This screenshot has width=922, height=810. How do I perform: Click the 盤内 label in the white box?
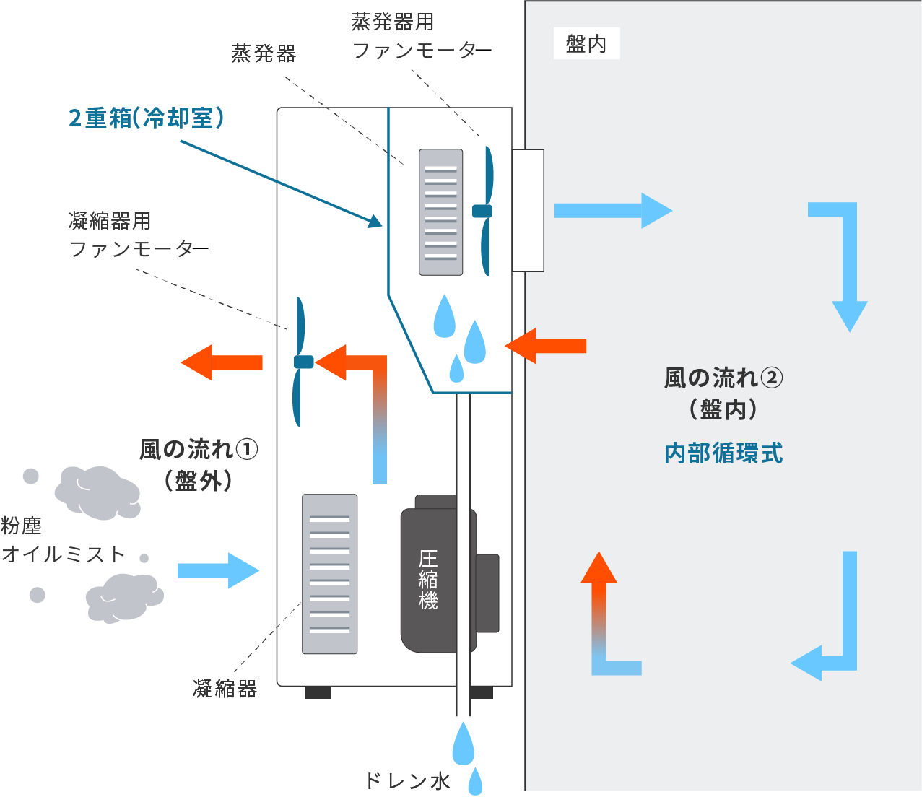point(586,44)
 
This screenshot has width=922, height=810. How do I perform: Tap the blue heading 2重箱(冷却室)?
point(146,118)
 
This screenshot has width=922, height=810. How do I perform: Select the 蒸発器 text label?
point(264,53)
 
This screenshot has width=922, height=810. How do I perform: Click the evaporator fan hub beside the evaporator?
point(482,211)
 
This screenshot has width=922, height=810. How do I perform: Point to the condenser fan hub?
point(303,362)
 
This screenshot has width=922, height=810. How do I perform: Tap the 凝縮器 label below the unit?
point(225,688)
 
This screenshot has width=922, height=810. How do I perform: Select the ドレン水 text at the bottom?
point(407,781)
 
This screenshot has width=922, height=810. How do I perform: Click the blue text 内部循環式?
point(723,453)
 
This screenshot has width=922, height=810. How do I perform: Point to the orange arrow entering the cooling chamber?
point(546,346)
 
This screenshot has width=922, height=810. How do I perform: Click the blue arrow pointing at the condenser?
point(219,570)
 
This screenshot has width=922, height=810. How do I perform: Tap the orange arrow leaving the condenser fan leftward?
point(222,362)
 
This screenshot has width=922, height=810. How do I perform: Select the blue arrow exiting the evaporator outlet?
point(614,211)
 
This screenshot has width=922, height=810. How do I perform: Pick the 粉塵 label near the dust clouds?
point(22,526)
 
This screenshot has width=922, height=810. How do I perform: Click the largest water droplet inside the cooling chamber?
point(445,316)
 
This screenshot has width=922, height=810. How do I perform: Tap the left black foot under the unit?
point(318,692)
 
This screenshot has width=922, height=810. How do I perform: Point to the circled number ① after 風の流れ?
point(247,450)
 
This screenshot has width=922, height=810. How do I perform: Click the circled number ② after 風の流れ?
point(772,378)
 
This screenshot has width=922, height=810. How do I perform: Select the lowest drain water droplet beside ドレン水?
point(475,781)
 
